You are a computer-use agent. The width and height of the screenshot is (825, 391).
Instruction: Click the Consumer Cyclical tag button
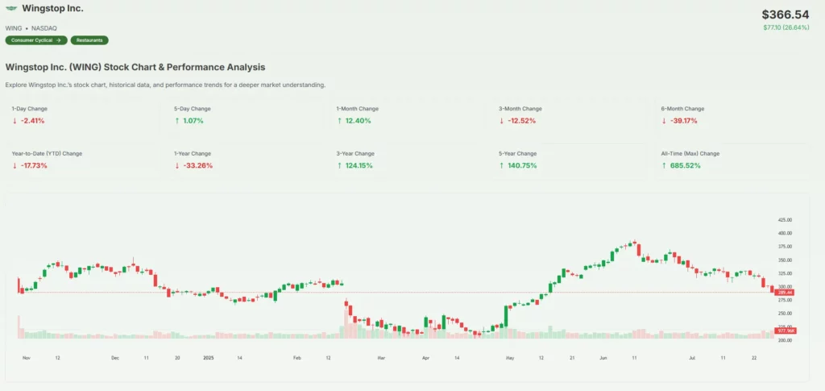[35, 40]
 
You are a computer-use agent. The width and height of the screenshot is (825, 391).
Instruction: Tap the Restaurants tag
[89, 40]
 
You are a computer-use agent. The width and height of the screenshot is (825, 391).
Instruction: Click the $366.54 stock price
[785, 15]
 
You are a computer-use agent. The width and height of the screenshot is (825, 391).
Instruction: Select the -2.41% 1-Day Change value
[32, 121]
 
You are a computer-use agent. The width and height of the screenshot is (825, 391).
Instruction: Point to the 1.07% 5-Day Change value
[193, 121]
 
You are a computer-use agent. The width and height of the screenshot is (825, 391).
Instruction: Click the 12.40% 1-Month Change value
[357, 121]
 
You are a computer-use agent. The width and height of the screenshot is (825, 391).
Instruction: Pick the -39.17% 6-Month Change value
[681, 121]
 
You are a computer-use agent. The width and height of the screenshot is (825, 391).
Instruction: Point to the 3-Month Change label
[520, 108]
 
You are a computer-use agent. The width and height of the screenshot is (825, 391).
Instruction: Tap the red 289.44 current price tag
[784, 292]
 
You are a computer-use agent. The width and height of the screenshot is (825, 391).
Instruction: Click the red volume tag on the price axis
[784, 331]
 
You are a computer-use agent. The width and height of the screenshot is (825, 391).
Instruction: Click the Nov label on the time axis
[26, 356]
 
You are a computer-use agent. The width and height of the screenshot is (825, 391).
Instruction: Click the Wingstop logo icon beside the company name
[11, 9]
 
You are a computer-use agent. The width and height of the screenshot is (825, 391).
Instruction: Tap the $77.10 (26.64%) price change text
[786, 27]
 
